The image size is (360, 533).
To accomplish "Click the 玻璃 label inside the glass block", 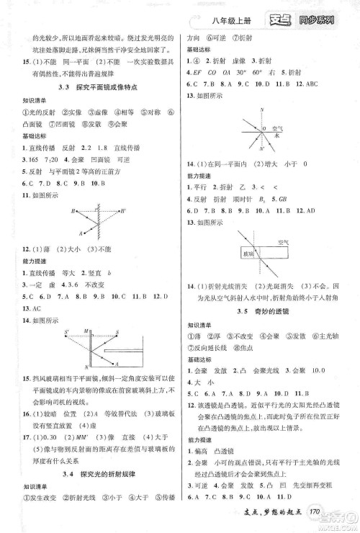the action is (249, 253).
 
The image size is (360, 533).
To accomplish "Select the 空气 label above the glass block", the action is (283, 242).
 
